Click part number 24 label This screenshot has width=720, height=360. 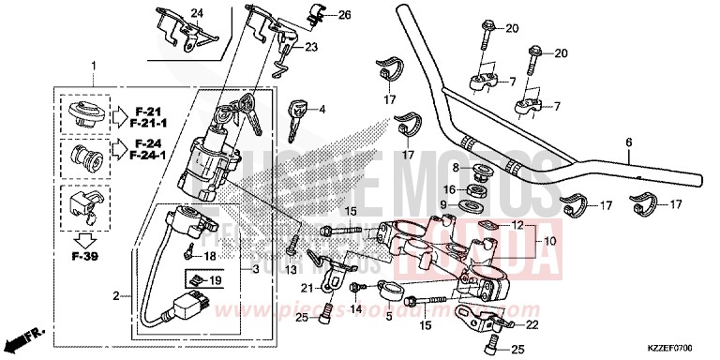197,12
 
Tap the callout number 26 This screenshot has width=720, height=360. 318,15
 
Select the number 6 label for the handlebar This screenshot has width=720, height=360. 629,143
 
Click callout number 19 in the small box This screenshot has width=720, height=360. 215,280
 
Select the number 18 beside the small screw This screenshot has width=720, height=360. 212,256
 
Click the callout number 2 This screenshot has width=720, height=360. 116,296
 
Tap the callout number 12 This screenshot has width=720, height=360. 517,225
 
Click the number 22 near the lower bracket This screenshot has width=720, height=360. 532,325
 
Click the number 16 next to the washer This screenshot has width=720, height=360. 449,188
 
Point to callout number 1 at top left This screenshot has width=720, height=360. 93,64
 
